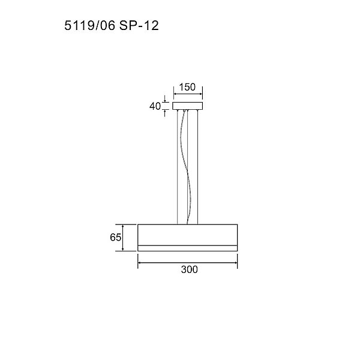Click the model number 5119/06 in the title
(x=89, y=25)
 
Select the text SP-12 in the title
(x=139, y=25)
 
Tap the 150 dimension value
(x=187, y=87)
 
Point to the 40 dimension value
(x=155, y=106)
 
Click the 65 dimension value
(x=115, y=238)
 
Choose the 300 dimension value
(x=189, y=269)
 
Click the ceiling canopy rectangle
(x=188, y=106)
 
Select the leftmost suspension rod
(x=178, y=167)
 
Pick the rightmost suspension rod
(x=197, y=167)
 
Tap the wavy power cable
(x=187, y=171)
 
